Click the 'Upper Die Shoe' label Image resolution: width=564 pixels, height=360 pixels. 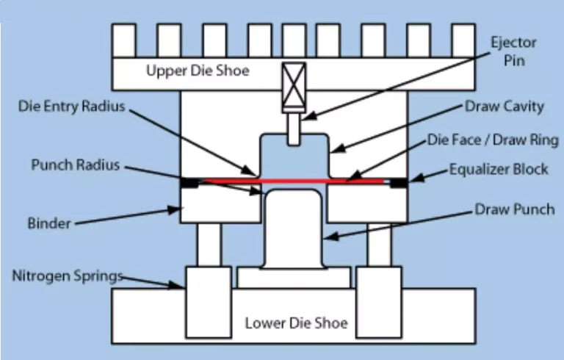click(197, 71)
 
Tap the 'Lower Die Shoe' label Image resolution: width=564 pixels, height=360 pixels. click(296, 323)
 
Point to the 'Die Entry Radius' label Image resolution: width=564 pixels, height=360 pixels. click(71, 106)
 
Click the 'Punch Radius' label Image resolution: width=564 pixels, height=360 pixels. click(75, 165)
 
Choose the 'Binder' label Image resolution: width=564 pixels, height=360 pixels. click(48, 220)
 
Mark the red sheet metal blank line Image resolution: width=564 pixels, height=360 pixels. click(294, 181)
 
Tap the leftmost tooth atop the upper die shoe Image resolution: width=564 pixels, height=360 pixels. click(123, 41)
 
